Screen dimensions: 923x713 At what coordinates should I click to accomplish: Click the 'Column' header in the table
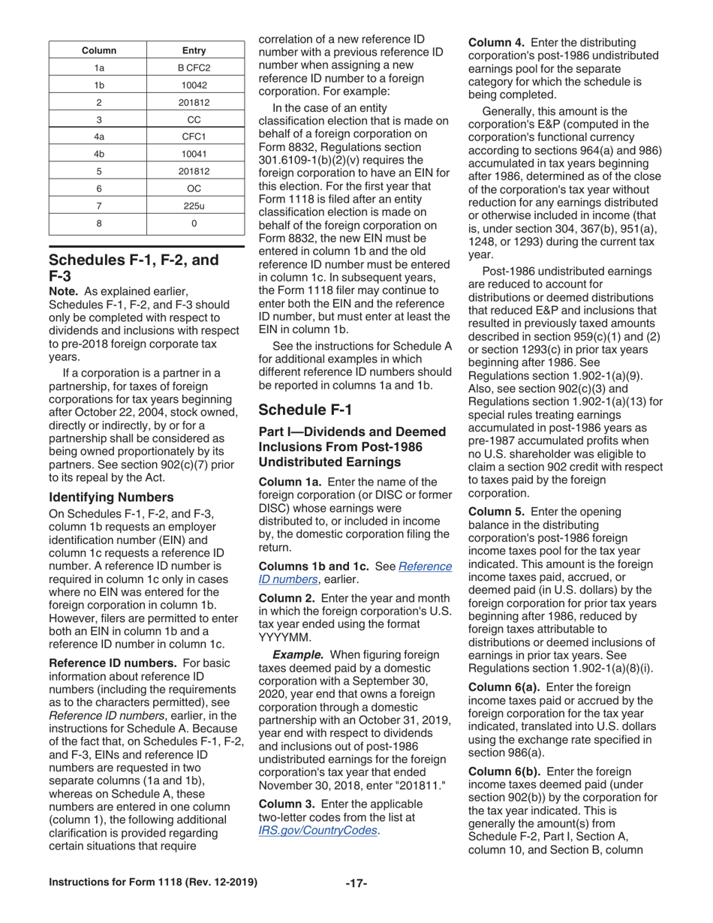pyautogui.click(x=98, y=51)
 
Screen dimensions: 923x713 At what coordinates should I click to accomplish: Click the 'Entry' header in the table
pyautogui.click(x=194, y=51)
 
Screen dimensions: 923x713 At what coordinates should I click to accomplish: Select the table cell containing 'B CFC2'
pyautogui.click(x=194, y=68)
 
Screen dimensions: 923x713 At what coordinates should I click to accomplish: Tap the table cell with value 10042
pyautogui.click(x=194, y=86)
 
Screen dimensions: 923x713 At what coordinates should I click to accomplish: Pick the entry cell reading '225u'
pyautogui.click(x=194, y=205)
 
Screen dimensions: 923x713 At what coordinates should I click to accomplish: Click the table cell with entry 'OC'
pyautogui.click(x=194, y=188)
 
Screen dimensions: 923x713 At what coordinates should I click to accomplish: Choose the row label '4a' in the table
pyautogui.click(x=98, y=137)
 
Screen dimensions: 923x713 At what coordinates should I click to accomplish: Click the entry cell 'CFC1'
pyautogui.click(x=194, y=137)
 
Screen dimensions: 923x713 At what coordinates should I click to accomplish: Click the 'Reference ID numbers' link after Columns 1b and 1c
pyautogui.click(x=355, y=573)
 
